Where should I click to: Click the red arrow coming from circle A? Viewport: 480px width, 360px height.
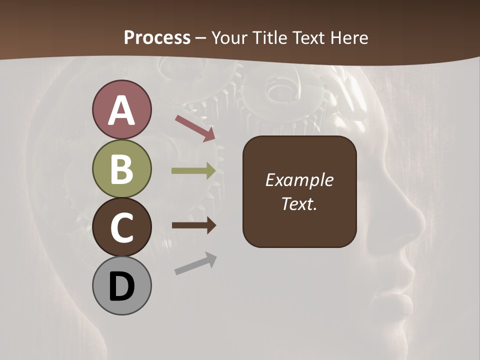pyautogui.click(x=195, y=128)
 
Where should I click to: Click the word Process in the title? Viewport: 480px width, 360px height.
pyautogui.click(x=157, y=37)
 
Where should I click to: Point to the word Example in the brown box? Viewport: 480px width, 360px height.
pyautogui.click(x=299, y=180)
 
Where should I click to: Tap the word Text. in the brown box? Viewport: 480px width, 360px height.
pyautogui.click(x=299, y=203)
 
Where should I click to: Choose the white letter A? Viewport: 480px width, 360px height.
pyautogui.click(x=121, y=110)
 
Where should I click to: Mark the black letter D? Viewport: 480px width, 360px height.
pyautogui.click(x=121, y=287)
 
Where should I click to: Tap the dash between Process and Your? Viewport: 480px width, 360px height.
pyautogui.click(x=201, y=38)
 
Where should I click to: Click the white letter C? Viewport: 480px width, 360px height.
pyautogui.click(x=121, y=228)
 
